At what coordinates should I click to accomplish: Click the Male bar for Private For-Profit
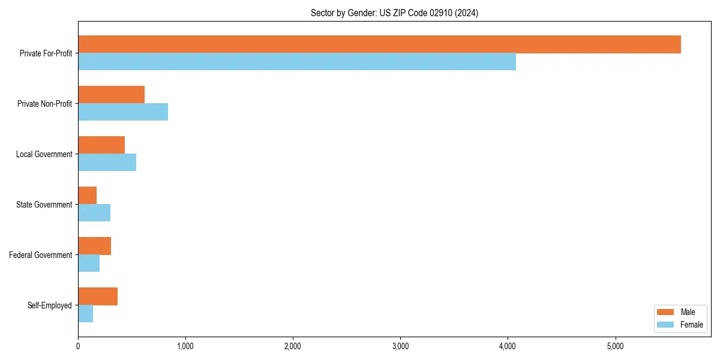(x=379, y=44)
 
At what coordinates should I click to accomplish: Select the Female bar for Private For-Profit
(x=297, y=62)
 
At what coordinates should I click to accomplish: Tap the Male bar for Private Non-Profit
(x=112, y=95)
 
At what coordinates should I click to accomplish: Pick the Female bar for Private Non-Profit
(x=123, y=112)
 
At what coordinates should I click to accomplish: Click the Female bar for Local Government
(x=107, y=163)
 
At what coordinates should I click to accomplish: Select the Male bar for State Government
(x=88, y=196)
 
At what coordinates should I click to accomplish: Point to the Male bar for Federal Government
(x=95, y=246)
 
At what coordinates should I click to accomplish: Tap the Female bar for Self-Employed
(x=86, y=314)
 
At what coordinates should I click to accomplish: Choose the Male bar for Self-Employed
(x=98, y=296)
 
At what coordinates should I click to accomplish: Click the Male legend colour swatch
(x=666, y=312)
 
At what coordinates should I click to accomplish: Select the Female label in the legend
(x=692, y=325)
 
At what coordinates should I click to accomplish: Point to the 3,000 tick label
(x=400, y=346)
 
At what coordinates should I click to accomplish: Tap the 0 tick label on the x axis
(x=78, y=346)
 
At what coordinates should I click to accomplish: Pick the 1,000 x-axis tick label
(x=185, y=346)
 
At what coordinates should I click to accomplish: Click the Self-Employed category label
(x=50, y=305)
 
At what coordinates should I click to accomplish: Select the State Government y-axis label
(x=44, y=205)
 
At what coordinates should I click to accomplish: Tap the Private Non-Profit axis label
(x=45, y=104)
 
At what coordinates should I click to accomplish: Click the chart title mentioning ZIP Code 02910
(x=394, y=13)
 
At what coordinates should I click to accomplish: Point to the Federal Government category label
(x=41, y=255)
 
